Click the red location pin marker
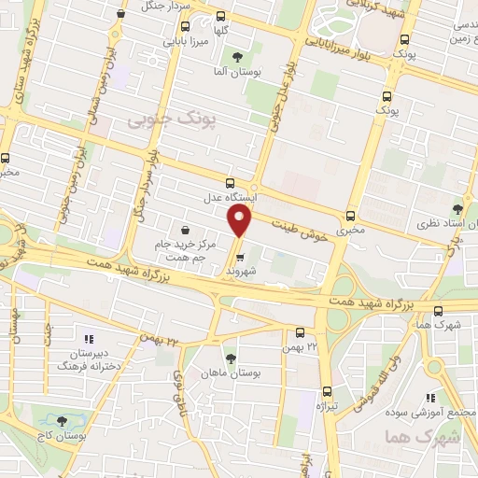[x=241, y=220]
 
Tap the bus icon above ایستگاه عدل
[x=231, y=182]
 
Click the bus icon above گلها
[x=220, y=16]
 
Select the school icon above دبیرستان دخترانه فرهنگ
[x=90, y=340]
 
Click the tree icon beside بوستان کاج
[x=62, y=421]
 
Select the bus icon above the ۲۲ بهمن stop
[x=300, y=331]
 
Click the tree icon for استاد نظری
[x=457, y=209]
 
